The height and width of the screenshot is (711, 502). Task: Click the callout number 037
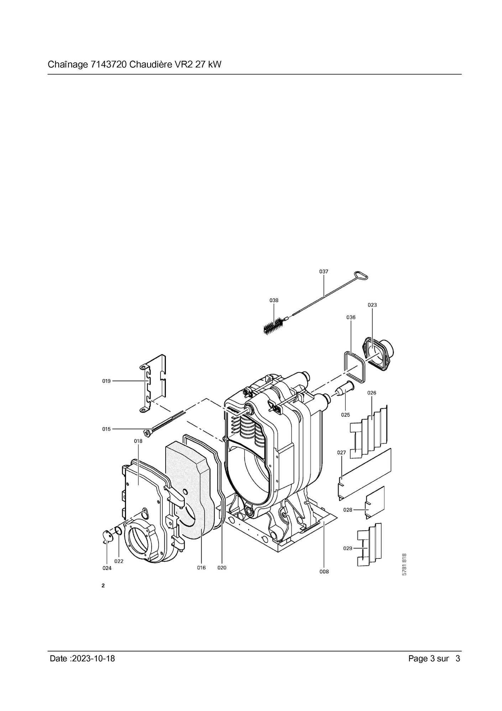[x=323, y=272]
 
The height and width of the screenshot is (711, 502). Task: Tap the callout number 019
[x=106, y=381]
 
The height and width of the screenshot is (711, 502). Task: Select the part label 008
[x=324, y=572]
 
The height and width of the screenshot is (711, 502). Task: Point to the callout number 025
[x=345, y=415]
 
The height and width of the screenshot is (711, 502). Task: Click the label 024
[x=107, y=568]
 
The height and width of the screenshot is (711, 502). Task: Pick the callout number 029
[x=348, y=548]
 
